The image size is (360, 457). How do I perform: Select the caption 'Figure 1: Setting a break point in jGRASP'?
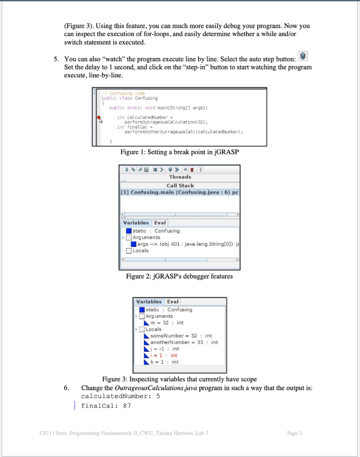[x=180, y=152]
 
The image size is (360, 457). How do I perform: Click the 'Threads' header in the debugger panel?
[x=180, y=177]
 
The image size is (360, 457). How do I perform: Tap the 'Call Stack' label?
[x=180, y=185]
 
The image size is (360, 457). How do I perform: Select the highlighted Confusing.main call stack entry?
[x=180, y=192]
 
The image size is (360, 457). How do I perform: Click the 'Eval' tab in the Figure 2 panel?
[x=160, y=223]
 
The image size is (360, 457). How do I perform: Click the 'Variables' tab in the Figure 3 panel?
[x=149, y=302]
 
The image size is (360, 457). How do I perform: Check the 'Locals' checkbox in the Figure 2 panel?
[x=129, y=250]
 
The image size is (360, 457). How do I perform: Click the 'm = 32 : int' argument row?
[x=167, y=323]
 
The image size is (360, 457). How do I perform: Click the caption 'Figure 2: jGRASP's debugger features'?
[x=179, y=276]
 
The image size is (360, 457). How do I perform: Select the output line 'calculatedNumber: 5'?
[x=118, y=396]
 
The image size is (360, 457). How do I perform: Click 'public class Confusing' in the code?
[x=129, y=98]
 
